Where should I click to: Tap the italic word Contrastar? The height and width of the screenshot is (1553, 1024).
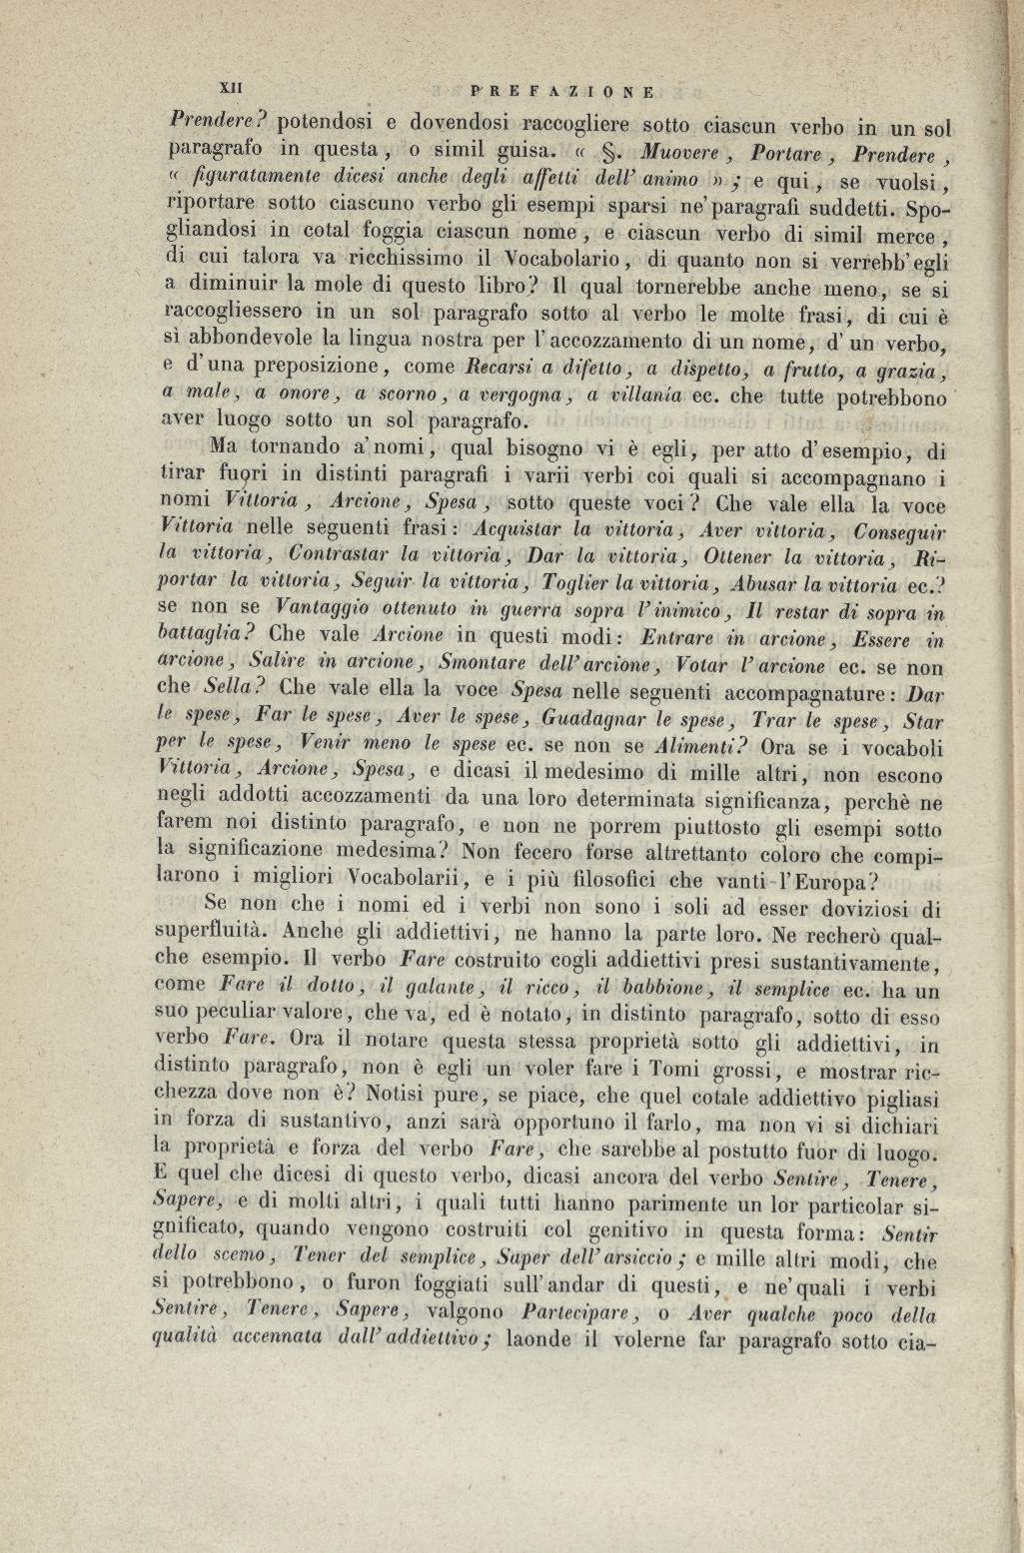[x=337, y=554]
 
